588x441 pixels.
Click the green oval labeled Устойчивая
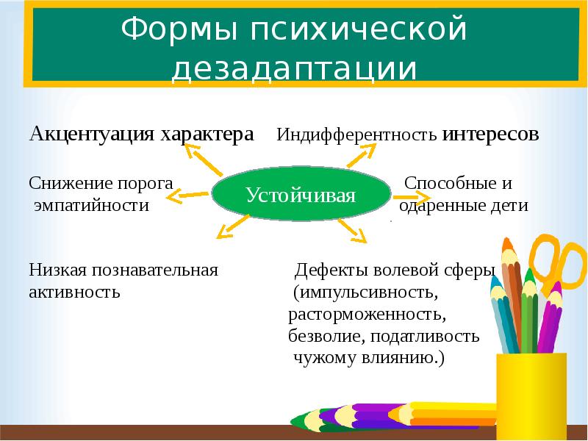pyautogui.click(x=301, y=196)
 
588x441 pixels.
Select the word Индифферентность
pyautogui.click(x=357, y=136)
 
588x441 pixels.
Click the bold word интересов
pyautogui.click(x=491, y=135)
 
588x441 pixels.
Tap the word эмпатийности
pyautogui.click(x=91, y=206)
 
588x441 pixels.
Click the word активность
pyautogui.click(x=74, y=292)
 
